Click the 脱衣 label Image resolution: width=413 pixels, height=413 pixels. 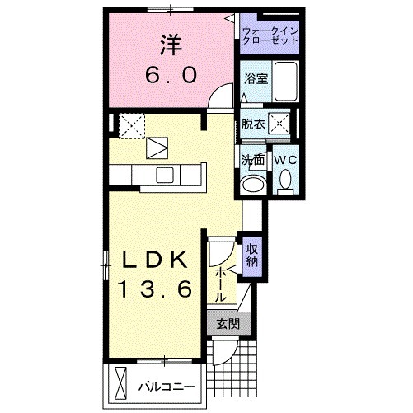click(253, 124)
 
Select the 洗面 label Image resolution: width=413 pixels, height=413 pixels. click(252, 158)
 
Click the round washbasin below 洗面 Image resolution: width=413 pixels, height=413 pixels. click(254, 183)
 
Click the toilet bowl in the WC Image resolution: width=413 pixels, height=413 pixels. click(285, 178)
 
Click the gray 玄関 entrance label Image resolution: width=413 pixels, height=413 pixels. click(228, 324)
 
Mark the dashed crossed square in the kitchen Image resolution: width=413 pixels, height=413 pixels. click(130, 125)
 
